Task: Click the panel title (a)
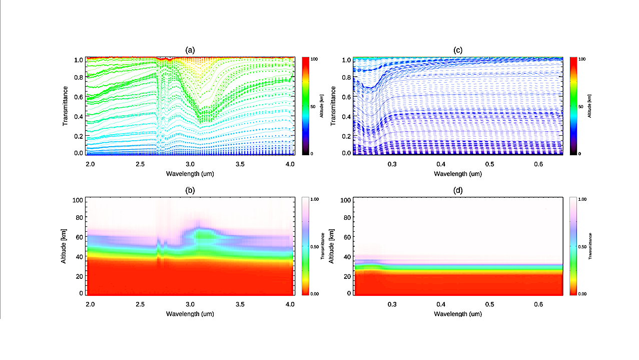tap(190, 50)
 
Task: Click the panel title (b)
tap(190, 190)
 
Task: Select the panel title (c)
tap(457, 50)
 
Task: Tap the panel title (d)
tap(457, 190)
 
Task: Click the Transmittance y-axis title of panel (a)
tap(66, 106)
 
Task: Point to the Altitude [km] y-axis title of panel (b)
tap(66, 246)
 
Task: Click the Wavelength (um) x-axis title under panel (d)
tap(457, 313)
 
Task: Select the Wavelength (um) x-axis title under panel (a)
tap(190, 173)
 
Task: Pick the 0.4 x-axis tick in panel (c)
tap(440, 164)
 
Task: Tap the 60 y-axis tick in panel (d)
tap(345, 236)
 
